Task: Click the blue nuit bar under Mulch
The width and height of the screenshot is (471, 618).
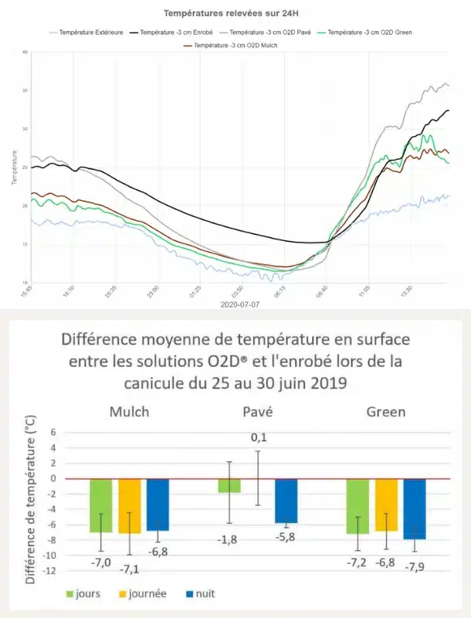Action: pos(158,504)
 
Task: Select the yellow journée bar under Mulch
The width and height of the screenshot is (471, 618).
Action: pos(130,506)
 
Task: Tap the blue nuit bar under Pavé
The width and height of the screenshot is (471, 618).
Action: pos(286,501)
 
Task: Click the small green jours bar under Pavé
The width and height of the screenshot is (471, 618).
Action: pos(229,486)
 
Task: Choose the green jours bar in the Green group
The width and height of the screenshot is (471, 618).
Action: pos(357,506)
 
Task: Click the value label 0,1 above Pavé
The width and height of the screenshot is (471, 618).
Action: pos(258,438)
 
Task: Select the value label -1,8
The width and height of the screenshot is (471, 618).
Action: pos(229,538)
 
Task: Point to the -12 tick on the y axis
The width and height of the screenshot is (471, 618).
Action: pos(50,571)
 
